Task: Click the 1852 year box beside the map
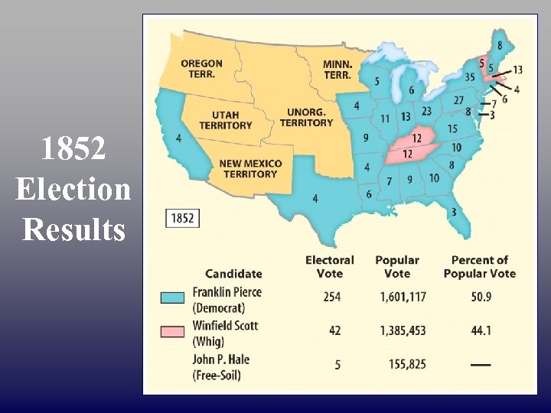(182, 219)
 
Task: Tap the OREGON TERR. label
(202, 69)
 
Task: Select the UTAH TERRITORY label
(225, 120)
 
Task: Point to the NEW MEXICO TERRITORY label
(251, 168)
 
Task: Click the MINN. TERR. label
(337, 70)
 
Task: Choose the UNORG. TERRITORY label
(306, 117)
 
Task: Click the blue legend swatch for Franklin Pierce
(171, 298)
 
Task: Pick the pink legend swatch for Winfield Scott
(171, 330)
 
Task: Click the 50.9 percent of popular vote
(480, 298)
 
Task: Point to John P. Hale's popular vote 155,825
(406, 365)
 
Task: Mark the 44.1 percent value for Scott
(480, 331)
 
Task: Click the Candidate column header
(233, 273)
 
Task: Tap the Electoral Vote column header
(329, 267)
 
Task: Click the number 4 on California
(178, 138)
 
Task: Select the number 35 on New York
(470, 76)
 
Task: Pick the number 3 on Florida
(454, 212)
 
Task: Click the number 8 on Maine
(500, 46)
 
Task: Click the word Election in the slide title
(73, 188)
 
